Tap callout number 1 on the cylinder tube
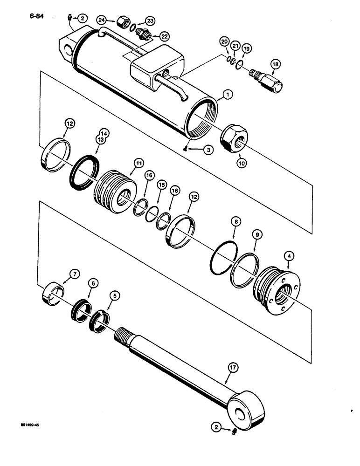(x=228, y=95)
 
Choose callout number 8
(x=236, y=222)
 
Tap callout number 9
(x=256, y=234)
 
